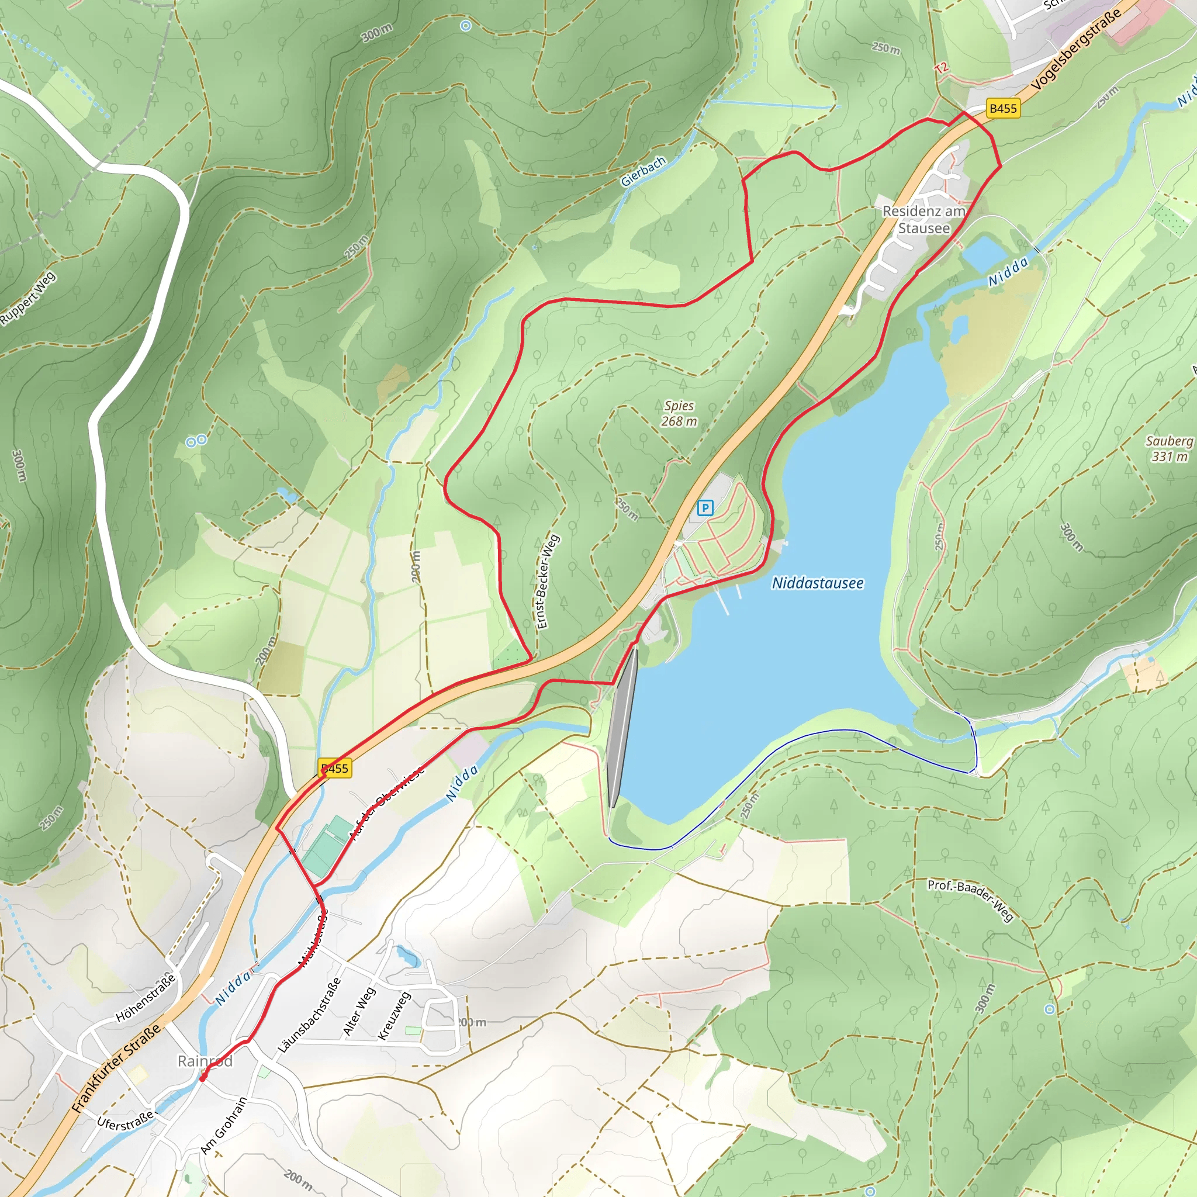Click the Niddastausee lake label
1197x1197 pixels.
pyautogui.click(x=817, y=583)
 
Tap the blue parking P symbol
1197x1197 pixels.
pyautogui.click(x=705, y=508)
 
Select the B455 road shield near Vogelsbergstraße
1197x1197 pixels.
pyautogui.click(x=1002, y=109)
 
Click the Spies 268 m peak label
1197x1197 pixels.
pyautogui.click(x=679, y=413)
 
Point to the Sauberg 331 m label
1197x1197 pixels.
pyautogui.click(x=1169, y=448)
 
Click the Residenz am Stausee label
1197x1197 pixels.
pyautogui.click(x=924, y=219)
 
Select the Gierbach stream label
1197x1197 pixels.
pyautogui.click(x=643, y=171)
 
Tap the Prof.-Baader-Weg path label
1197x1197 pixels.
pyautogui.click(x=970, y=900)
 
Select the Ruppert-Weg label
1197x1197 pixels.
pyautogui.click(x=28, y=298)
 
